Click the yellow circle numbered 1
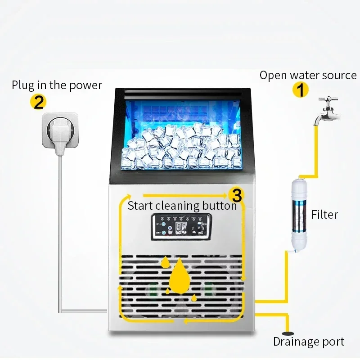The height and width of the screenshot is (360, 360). [301, 90]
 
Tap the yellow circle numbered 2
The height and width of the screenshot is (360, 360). [38, 102]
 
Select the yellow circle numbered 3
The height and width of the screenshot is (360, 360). [237, 195]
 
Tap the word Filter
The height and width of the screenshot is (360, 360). [324, 215]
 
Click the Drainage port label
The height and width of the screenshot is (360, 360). [309, 342]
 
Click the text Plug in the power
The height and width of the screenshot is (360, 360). [57, 85]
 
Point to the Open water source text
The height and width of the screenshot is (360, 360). [308, 76]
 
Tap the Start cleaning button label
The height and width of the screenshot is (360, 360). [182, 206]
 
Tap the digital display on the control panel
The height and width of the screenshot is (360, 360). [181, 228]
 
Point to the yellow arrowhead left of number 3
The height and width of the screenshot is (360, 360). [224, 195]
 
